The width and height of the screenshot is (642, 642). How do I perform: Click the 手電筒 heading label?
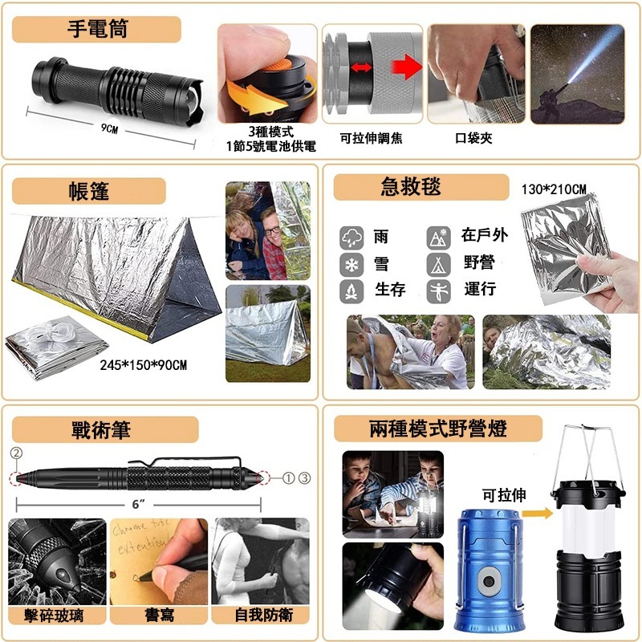[x=97, y=29]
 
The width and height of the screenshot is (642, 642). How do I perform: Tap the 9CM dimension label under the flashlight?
[x=109, y=128]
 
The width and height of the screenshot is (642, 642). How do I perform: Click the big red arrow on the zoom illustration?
[x=406, y=67]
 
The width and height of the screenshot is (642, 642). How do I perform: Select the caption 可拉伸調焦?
[x=371, y=138]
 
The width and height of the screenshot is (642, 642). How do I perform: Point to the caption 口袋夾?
[x=473, y=138]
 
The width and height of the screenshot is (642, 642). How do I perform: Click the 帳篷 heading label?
[x=89, y=191]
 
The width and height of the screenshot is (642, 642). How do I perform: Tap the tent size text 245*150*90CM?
[x=144, y=365]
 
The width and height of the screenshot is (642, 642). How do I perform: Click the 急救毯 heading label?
[x=411, y=187]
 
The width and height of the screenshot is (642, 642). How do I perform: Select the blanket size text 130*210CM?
[x=554, y=189]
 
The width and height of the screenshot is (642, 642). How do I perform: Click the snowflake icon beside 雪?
[x=351, y=265]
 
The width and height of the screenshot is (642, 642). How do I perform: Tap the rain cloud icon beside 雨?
[x=351, y=238]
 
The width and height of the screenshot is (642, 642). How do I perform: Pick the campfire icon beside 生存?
[x=351, y=291]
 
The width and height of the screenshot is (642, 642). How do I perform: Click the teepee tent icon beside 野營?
[x=438, y=265]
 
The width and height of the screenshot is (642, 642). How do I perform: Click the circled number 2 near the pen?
[x=16, y=453]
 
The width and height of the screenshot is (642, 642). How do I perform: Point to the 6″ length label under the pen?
[x=138, y=504]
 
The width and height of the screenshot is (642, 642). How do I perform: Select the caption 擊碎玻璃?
[x=54, y=616]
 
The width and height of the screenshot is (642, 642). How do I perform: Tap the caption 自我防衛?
[x=264, y=615]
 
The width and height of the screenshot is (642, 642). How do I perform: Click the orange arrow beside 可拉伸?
[x=537, y=513]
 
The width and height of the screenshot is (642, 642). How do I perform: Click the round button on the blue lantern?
[x=489, y=581]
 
